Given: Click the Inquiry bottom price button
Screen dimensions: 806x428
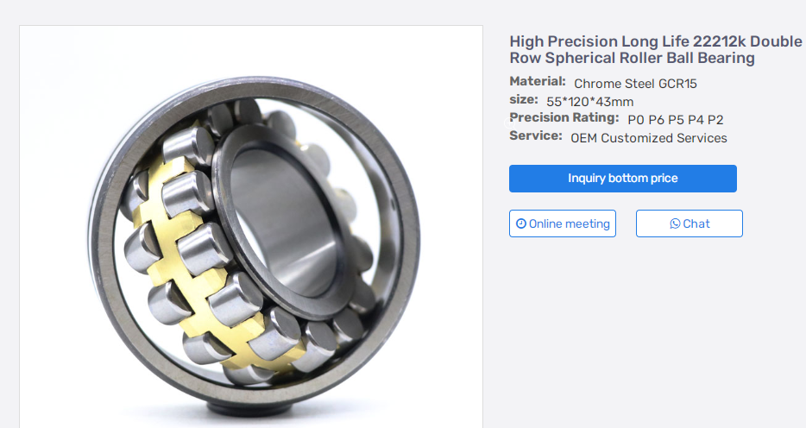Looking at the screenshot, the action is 622,179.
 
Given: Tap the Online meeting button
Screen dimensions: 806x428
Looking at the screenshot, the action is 563,223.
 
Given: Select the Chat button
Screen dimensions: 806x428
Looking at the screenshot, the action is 689,223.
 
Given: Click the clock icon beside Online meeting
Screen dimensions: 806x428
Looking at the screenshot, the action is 520,223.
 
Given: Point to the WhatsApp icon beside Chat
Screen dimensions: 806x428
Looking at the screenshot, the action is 675,223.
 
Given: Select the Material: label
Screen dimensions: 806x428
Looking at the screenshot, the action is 537,82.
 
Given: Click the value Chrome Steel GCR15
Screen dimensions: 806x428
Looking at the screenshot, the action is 635,83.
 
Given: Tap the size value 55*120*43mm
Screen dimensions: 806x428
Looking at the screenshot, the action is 589,102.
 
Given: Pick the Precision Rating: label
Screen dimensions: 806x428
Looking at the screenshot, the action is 564,117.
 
